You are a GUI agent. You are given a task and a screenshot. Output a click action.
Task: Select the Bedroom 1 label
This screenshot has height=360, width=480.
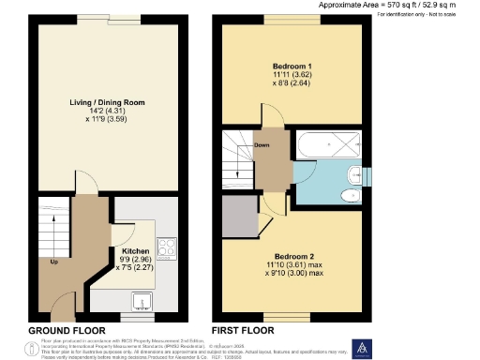pyautogui.click(x=292, y=67)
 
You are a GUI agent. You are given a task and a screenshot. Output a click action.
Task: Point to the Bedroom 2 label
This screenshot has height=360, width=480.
pyautogui.click(x=292, y=255)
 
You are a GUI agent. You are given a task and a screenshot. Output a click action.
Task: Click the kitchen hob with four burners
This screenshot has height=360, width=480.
pyautogui.click(x=166, y=247)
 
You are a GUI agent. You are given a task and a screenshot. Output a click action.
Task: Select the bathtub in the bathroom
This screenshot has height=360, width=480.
pyautogui.click(x=327, y=146)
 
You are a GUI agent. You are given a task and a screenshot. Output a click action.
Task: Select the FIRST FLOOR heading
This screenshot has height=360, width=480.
pyautogui.click(x=243, y=330)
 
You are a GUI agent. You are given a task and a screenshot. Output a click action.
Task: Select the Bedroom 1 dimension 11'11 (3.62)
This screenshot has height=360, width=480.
pyautogui.click(x=292, y=75)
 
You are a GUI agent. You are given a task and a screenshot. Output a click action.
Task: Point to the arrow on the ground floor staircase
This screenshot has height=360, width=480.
pyautogui.click(x=52, y=234)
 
